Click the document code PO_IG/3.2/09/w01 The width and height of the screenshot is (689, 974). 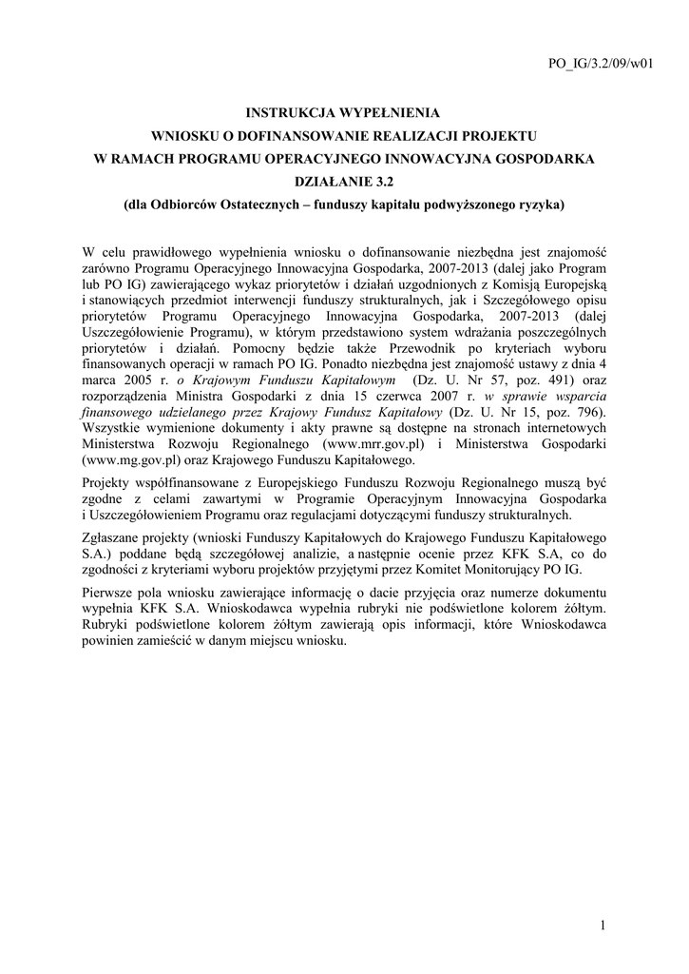tap(602, 65)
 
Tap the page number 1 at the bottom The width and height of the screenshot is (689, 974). tap(603, 925)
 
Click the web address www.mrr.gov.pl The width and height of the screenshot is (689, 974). tap(373, 442)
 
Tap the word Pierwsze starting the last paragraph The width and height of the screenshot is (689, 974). tap(111, 593)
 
